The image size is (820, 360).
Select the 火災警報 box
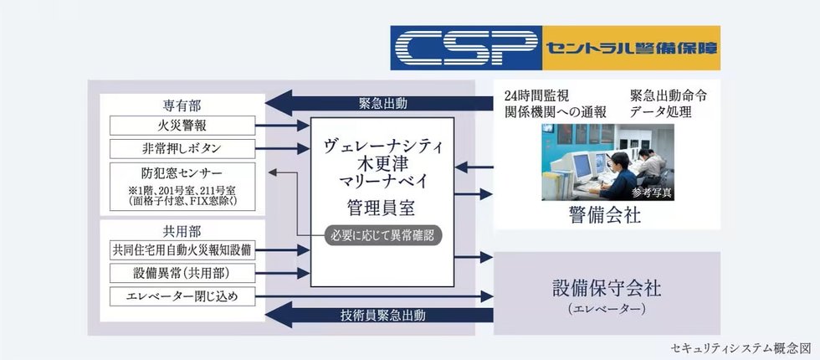point(182,126)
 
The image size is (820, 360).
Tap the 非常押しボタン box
point(182,149)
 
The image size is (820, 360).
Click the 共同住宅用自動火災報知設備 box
point(182,249)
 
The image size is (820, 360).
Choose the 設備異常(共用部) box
point(182,273)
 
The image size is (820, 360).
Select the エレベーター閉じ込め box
point(182,296)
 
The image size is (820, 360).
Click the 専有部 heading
point(182,106)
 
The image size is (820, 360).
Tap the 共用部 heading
point(182,230)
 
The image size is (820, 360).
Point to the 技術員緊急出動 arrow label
point(382,316)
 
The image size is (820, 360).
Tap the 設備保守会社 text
point(607,288)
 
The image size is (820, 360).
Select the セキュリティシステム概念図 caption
point(741,347)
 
